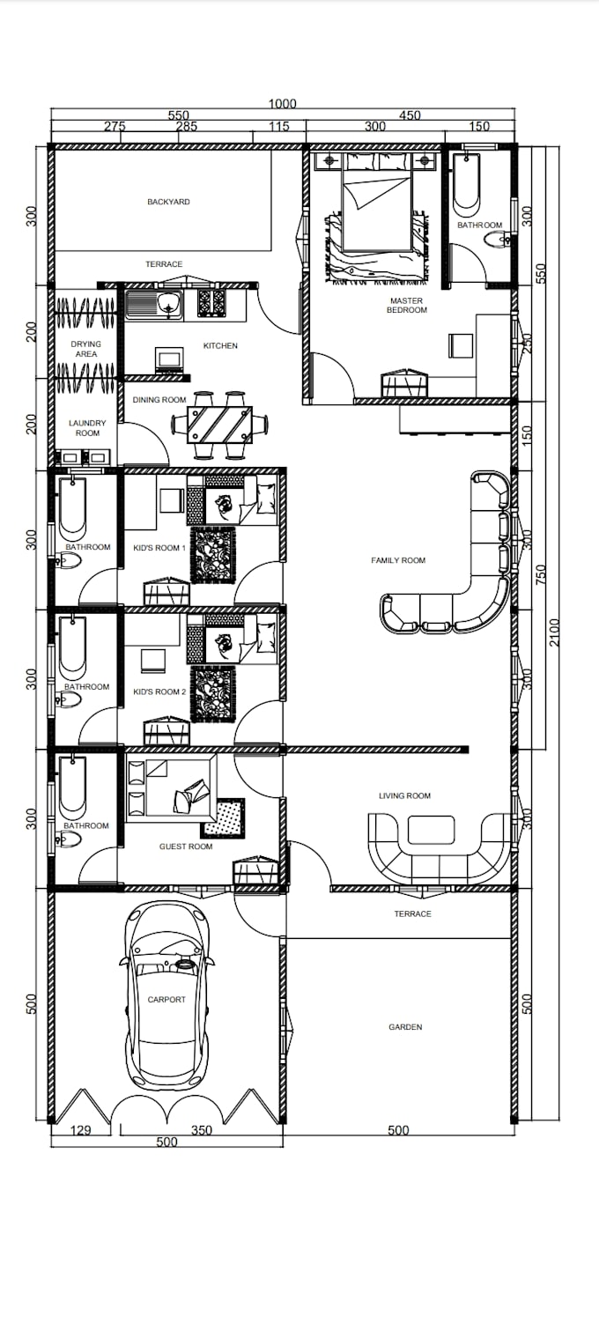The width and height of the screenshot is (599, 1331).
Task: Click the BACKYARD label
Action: [x=168, y=202]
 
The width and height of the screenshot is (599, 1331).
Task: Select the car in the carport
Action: [x=166, y=995]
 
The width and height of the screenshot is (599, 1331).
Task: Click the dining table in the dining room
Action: [x=219, y=425]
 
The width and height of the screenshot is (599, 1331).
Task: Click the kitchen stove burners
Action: [x=211, y=303]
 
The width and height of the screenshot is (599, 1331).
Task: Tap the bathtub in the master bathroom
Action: [x=466, y=185]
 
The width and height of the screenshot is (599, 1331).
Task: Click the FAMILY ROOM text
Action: [x=398, y=560]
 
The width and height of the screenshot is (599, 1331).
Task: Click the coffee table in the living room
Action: [x=431, y=830]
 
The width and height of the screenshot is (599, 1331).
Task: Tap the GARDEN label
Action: [x=405, y=1027]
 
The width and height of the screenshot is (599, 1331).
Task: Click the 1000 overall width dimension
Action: [x=283, y=103]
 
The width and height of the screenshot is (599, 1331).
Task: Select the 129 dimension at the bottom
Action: [x=80, y=1130]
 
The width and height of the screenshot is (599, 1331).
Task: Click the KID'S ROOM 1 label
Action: [x=159, y=548]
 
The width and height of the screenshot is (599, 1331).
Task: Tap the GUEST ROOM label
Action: [x=186, y=847]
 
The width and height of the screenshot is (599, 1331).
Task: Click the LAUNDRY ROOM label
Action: [x=86, y=428]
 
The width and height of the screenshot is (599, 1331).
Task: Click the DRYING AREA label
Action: [x=86, y=349]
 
